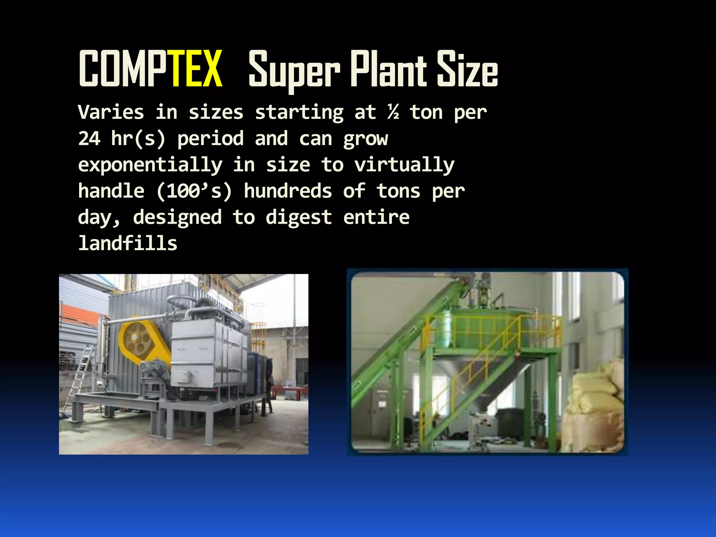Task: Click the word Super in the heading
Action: tap(294, 70)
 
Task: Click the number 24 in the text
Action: tap(89, 139)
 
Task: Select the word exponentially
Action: tap(150, 165)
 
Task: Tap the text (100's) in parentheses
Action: tap(194, 191)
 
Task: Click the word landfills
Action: tap(128, 243)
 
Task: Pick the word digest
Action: tap(299, 217)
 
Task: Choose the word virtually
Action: tap(404, 165)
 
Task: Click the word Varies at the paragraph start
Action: tap(111, 113)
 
